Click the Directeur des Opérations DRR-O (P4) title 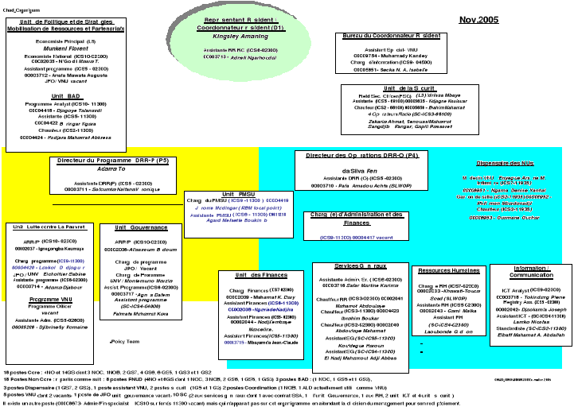[362, 156]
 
